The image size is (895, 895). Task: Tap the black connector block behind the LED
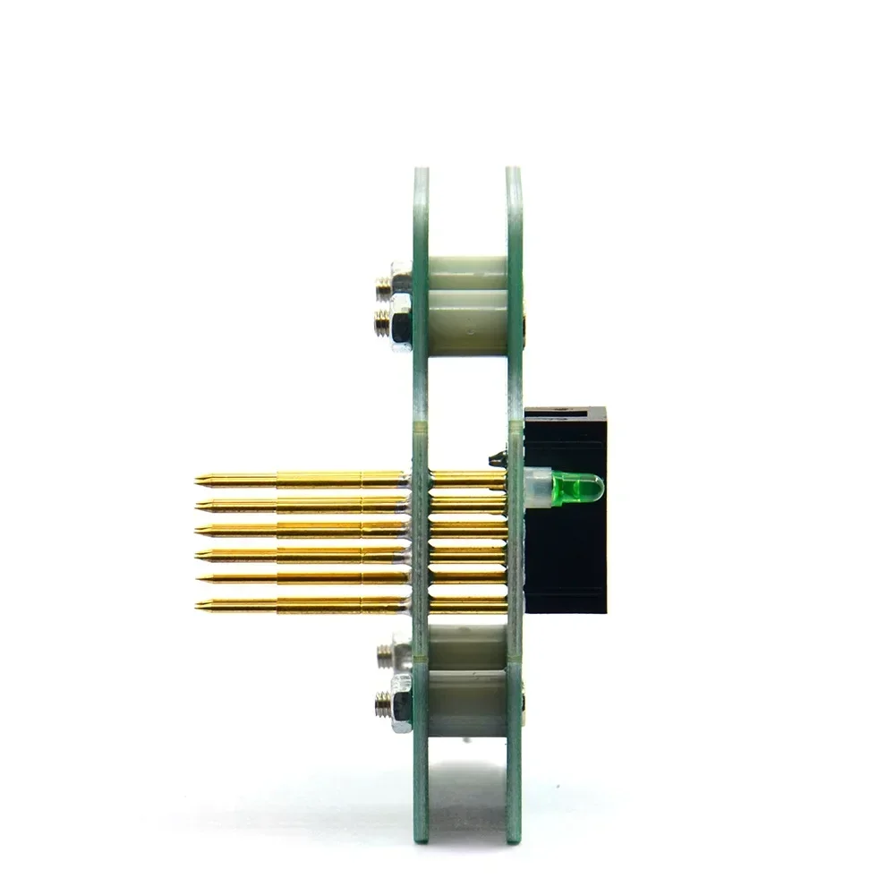tap(566, 555)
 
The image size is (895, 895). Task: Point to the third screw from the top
tap(383, 655)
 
